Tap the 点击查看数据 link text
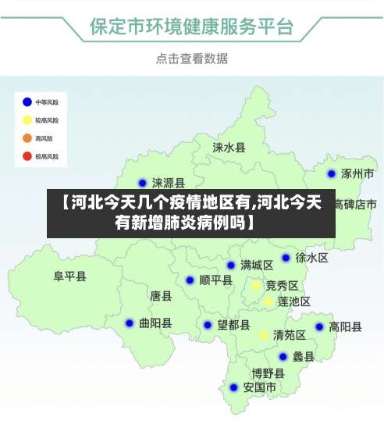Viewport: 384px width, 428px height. click(x=191, y=59)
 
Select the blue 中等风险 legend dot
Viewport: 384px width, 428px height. click(x=27, y=102)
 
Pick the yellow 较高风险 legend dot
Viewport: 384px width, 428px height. click(x=27, y=120)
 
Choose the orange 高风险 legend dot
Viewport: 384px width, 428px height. click(x=27, y=138)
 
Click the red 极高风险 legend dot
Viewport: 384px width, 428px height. click(x=27, y=156)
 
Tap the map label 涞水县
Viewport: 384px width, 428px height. click(x=229, y=147)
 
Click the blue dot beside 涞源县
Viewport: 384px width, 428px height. click(x=142, y=184)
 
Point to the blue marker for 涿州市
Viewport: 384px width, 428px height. click(x=332, y=173)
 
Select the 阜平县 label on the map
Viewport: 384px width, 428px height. click(x=69, y=276)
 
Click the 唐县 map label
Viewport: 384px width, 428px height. click(x=161, y=296)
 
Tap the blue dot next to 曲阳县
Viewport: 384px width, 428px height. click(x=130, y=323)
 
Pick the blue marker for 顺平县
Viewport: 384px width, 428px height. click(x=190, y=280)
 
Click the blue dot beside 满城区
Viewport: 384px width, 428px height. click(x=231, y=266)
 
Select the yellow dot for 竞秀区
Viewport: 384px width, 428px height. click(x=255, y=286)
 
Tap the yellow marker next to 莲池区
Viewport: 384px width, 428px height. click(x=268, y=301)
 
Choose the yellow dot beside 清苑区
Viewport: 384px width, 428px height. click(x=264, y=335)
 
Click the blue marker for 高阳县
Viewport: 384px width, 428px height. click(x=319, y=327)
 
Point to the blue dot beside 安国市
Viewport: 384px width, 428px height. click(x=233, y=387)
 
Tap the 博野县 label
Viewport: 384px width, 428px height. click(x=268, y=373)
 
